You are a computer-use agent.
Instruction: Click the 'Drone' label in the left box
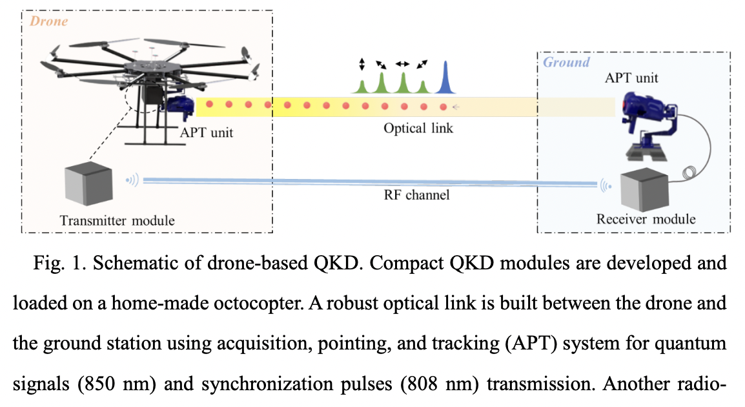pyautogui.click(x=48, y=22)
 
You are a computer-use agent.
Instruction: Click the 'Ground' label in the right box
pyautogui.click(x=566, y=63)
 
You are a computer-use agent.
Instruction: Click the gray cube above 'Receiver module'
pyautogui.click(x=643, y=191)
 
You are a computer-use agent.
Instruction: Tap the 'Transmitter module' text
pyautogui.click(x=117, y=220)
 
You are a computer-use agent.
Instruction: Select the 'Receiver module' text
pyautogui.click(x=646, y=219)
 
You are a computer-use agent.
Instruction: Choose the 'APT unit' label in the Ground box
pyautogui.click(x=631, y=78)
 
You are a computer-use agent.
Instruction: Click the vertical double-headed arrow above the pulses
pyautogui.click(x=362, y=64)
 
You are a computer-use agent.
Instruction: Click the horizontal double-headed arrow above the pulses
pyautogui.click(x=402, y=64)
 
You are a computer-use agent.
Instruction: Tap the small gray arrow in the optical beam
pyautogui.click(x=456, y=107)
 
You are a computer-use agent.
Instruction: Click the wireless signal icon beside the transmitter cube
pyautogui.click(x=132, y=180)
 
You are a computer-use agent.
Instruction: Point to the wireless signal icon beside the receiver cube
pyautogui.click(x=605, y=186)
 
